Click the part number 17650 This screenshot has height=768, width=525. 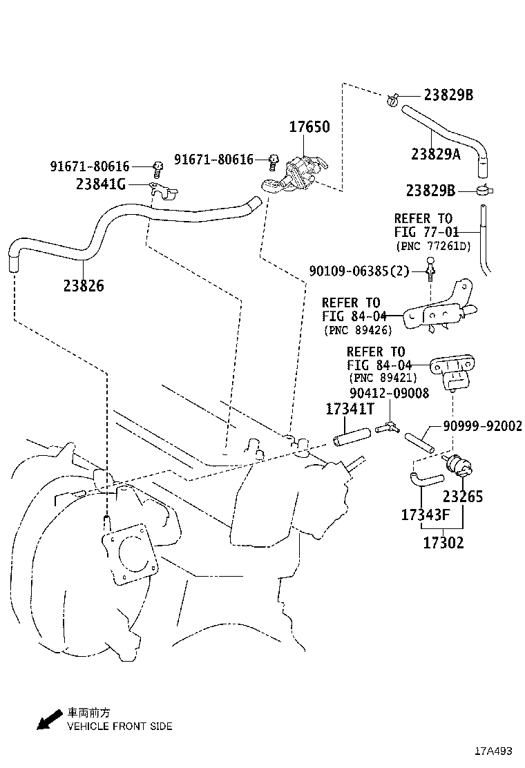coord(309,127)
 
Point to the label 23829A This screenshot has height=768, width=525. coord(435,155)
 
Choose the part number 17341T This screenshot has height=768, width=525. coord(350,410)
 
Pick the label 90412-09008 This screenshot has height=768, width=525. coord(389,393)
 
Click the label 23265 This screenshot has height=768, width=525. coord(462,496)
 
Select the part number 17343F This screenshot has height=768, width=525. coord(426,515)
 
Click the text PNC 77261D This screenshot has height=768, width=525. coord(432,246)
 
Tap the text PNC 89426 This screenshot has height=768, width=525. coord(358,330)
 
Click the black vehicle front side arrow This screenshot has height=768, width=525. coord(48,722)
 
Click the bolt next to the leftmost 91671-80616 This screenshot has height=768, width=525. coord(157,166)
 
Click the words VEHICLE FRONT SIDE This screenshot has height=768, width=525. coord(119,726)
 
